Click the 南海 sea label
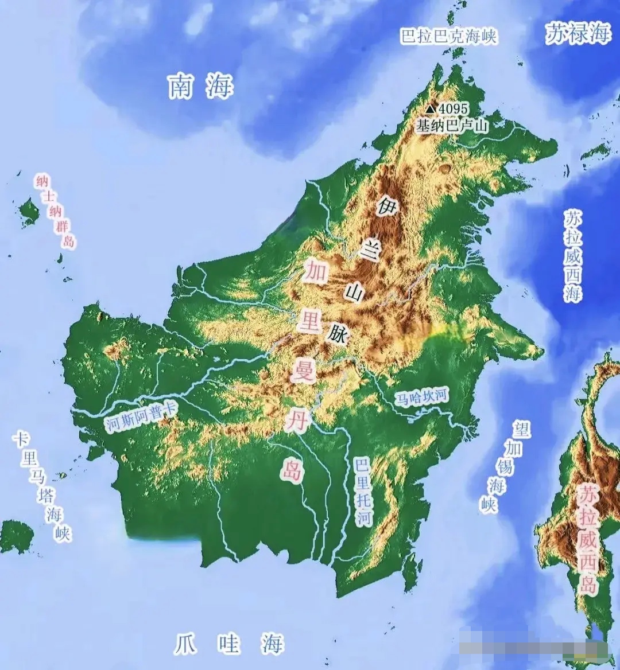(201, 87)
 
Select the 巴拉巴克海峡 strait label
(448, 36)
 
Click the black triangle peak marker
(431, 108)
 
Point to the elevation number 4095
(454, 108)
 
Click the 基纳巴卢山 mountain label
(452, 126)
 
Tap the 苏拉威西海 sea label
(573, 256)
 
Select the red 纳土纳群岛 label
(55, 212)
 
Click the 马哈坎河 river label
(422, 396)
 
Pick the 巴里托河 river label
(363, 492)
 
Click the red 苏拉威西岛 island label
(588, 539)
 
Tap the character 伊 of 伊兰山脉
(385, 205)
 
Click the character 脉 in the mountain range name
(338, 334)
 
